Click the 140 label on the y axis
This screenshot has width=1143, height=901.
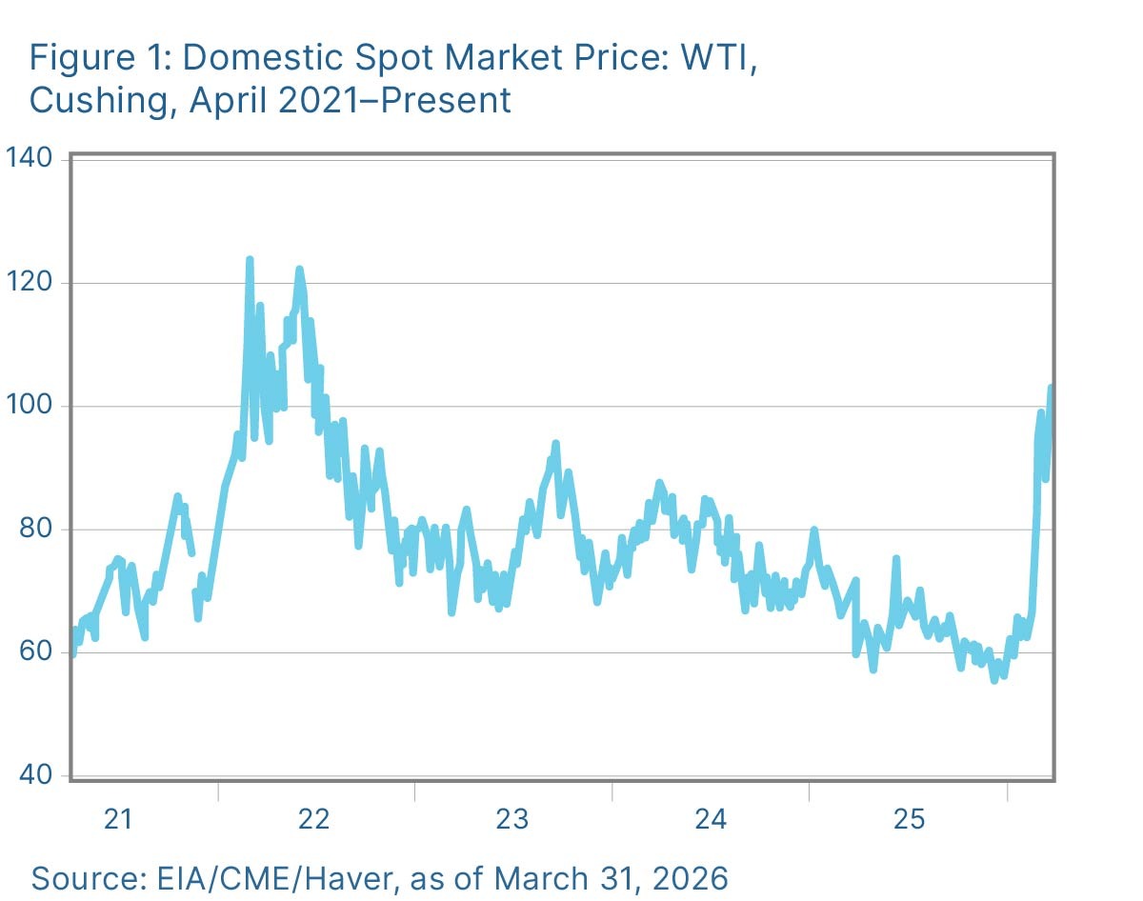pyautogui.click(x=32, y=158)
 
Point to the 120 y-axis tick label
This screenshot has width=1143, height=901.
pyautogui.click(x=32, y=283)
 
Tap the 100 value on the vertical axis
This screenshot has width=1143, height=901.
pyautogui.click(x=32, y=407)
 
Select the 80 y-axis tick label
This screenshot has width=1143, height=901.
pyautogui.click(x=38, y=530)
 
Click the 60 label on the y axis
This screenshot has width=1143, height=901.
pyautogui.click(x=38, y=652)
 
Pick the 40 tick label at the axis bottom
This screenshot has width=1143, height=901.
pyautogui.click(x=38, y=776)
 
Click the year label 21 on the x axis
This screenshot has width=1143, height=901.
pyautogui.click(x=117, y=818)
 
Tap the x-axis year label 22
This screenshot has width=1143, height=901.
pyautogui.click(x=314, y=818)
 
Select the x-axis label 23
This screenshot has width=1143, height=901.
pyautogui.click(x=512, y=818)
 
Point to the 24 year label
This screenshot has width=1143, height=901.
pyautogui.click(x=711, y=818)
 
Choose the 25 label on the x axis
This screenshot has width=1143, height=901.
pyautogui.click(x=908, y=818)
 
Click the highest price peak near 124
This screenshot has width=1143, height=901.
pyautogui.click(x=250, y=259)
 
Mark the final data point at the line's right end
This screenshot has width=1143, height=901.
pyautogui.click(x=1051, y=388)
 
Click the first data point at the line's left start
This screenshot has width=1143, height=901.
pyautogui.click(x=72, y=653)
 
